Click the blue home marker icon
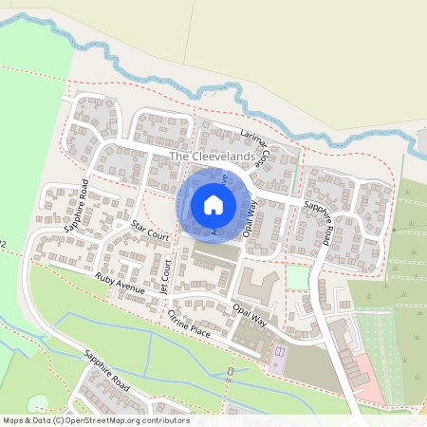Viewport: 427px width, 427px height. click(x=213, y=205)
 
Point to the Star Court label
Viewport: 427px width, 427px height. click(x=150, y=230)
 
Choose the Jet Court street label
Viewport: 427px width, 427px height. click(x=165, y=274)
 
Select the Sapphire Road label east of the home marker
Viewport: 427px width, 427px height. click(x=317, y=222)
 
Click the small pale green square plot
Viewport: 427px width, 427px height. click(x=298, y=277)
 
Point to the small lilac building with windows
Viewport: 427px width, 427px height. click(x=280, y=359)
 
